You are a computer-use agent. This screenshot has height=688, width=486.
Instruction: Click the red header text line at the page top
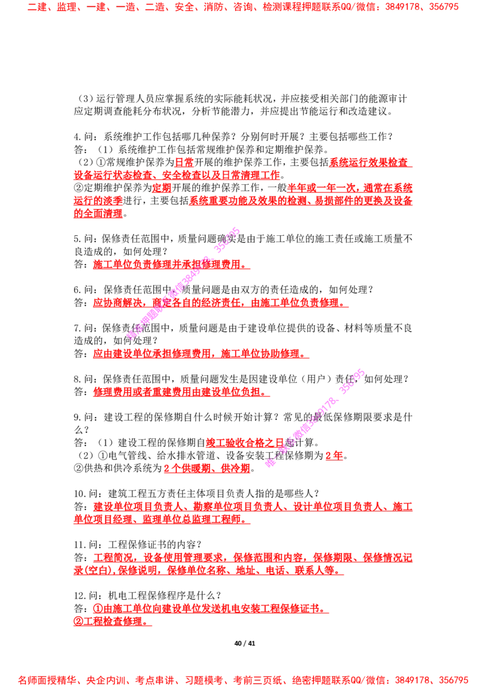(x=243, y=8)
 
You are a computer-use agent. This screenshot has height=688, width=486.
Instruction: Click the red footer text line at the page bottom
(x=243, y=679)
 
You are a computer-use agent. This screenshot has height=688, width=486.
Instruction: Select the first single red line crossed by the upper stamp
(x=171, y=265)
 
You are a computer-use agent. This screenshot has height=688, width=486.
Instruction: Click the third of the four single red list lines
(x=200, y=353)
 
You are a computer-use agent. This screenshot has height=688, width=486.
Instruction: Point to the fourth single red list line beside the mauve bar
(x=181, y=392)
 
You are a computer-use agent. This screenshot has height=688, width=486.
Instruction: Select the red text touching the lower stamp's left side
(x=243, y=443)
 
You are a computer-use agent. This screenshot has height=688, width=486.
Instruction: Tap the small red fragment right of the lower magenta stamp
(x=334, y=455)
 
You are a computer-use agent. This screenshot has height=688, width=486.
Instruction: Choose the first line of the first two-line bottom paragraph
(x=252, y=506)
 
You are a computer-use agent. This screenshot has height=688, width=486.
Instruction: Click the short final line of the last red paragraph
(x=113, y=622)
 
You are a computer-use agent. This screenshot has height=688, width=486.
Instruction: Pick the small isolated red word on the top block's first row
(x=184, y=162)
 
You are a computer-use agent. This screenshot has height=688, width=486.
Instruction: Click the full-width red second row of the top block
(x=176, y=175)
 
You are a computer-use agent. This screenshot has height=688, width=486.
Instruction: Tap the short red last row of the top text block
(x=98, y=213)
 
